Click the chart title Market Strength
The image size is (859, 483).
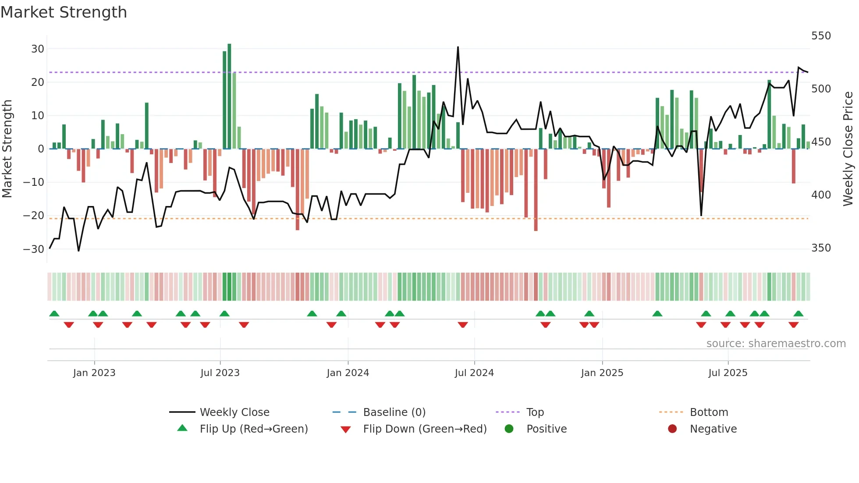tap(64, 12)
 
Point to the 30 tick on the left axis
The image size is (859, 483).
tap(38, 49)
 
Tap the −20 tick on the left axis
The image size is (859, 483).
tap(34, 216)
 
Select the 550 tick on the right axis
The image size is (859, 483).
tap(820, 36)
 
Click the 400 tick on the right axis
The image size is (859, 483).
tap(820, 195)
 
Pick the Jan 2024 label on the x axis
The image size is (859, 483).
tap(348, 373)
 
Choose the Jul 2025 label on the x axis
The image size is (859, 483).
tap(728, 373)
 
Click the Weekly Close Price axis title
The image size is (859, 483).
tap(848, 149)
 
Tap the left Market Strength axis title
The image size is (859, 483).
tap(7, 149)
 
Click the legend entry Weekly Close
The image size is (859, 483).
tap(234, 412)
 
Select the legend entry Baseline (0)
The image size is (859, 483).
tap(394, 412)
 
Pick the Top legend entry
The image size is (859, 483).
tap(535, 412)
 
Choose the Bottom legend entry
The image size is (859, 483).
tap(709, 412)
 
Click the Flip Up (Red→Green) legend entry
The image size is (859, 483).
tap(253, 429)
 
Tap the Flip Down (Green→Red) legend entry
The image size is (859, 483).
tap(424, 429)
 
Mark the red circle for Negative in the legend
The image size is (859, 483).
tap(672, 429)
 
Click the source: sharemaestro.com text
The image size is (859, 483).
tap(776, 344)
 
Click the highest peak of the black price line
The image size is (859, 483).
tap(458, 47)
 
